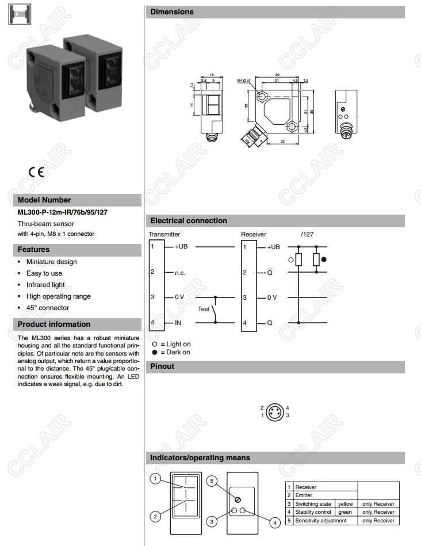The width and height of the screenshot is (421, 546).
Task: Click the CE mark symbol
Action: [x=36, y=172]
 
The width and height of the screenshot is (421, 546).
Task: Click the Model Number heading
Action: [x=44, y=200]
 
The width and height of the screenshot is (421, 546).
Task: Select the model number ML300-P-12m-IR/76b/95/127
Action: [x=63, y=212]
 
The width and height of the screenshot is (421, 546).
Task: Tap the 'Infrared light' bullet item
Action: [x=45, y=285]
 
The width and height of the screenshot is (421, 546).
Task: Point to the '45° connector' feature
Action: [x=48, y=308]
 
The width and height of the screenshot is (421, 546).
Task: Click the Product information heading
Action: [x=54, y=324]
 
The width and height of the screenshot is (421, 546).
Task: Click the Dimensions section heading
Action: [x=172, y=12]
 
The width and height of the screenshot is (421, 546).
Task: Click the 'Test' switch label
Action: [x=204, y=309]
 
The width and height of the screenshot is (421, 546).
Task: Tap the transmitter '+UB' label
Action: [x=181, y=247]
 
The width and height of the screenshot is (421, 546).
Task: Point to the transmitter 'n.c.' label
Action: [x=179, y=273]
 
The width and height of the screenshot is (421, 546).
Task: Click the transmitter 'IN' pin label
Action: [x=178, y=323]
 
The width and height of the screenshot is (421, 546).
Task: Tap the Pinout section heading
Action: [x=162, y=366]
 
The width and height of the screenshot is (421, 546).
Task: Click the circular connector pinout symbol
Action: [x=274, y=411]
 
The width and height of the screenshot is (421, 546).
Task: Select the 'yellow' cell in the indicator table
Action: [x=345, y=504]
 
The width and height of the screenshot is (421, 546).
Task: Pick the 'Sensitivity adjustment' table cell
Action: [x=321, y=521]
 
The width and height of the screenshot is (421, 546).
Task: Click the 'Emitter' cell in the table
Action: [x=305, y=495]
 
